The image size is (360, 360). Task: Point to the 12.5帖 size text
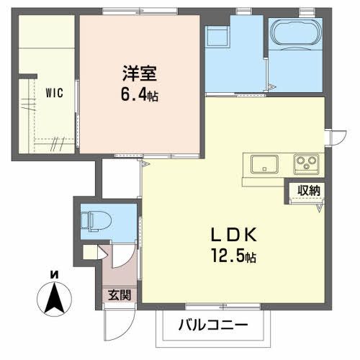[230, 256]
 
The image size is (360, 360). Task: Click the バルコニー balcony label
[212, 325]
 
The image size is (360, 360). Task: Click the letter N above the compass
[53, 274]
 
